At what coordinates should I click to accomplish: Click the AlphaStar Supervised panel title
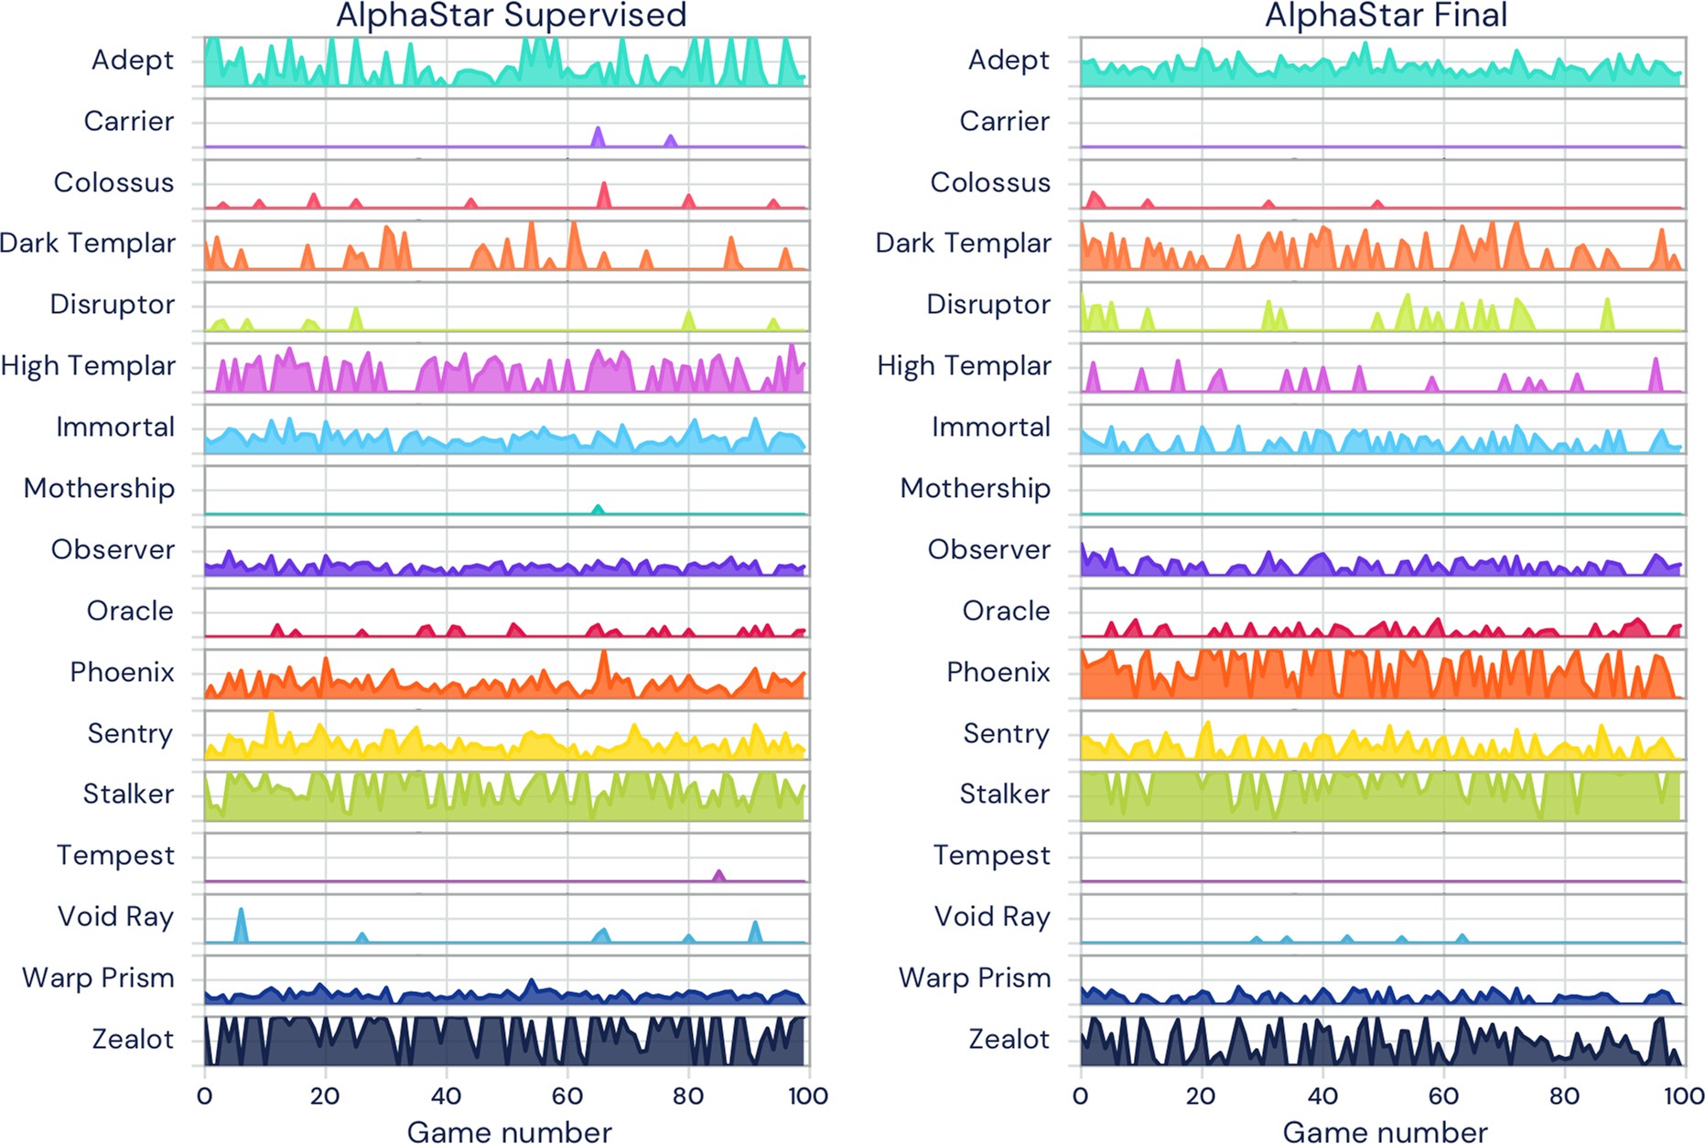511,16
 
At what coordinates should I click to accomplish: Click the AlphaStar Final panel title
1386,16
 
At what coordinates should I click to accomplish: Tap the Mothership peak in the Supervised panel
598,508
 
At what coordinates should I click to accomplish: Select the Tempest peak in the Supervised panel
718,875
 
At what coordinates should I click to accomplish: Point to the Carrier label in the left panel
128,121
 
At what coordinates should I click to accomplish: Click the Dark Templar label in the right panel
964,243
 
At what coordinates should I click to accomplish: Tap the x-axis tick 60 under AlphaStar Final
1443,1096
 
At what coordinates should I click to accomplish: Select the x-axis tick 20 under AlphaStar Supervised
325,1096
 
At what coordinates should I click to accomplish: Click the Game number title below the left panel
509,1132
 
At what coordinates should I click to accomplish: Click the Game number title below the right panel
1385,1132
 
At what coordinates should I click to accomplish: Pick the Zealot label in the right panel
1009,1040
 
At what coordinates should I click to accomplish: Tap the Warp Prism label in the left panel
98,978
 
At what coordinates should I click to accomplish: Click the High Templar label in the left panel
88,366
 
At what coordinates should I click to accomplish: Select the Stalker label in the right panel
1004,794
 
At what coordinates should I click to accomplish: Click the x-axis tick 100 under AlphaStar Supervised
807,1096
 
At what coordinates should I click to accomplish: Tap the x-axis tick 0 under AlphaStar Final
1081,1096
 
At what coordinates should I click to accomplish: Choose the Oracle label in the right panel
1006,611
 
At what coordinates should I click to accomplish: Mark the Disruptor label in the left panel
112,305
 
